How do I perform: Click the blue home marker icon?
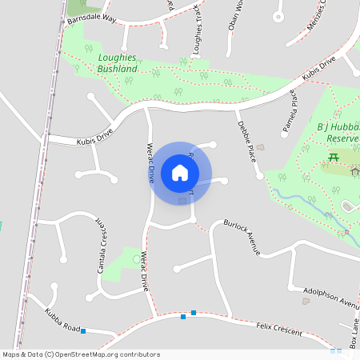180,172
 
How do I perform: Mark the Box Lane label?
354,333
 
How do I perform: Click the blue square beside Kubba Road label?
83,331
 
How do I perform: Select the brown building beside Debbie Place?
259,148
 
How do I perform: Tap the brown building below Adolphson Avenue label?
305,302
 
